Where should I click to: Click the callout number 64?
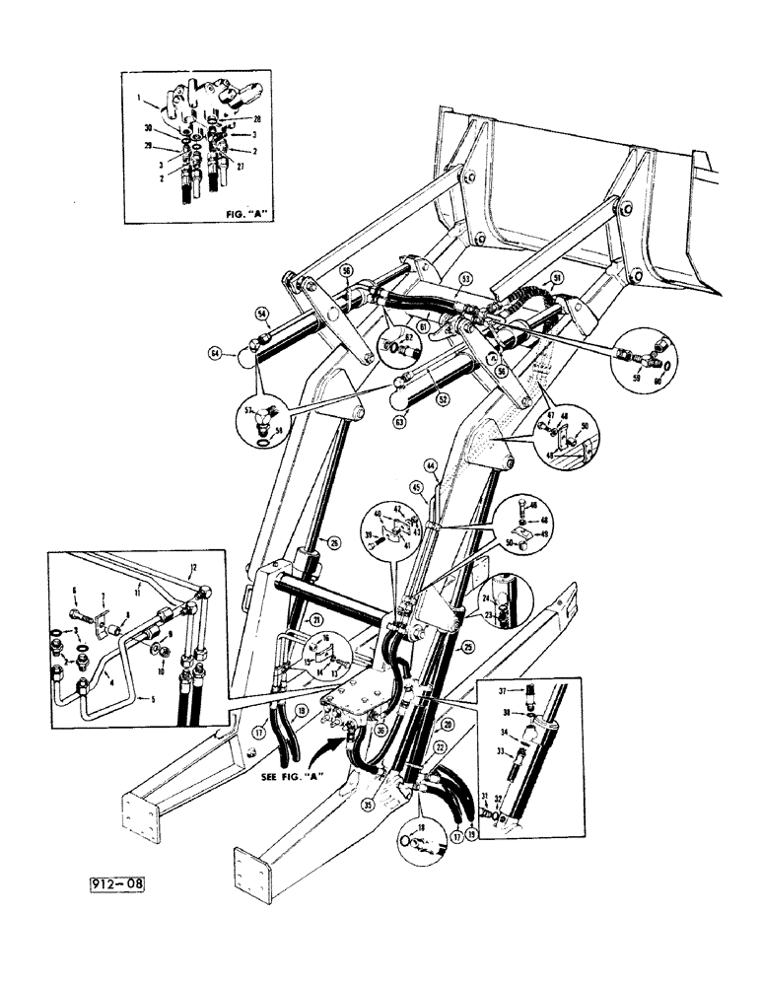pos(214,352)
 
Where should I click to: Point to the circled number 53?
pos(465,280)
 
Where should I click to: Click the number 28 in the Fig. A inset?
pos(256,118)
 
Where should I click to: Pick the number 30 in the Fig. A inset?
pos(148,128)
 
